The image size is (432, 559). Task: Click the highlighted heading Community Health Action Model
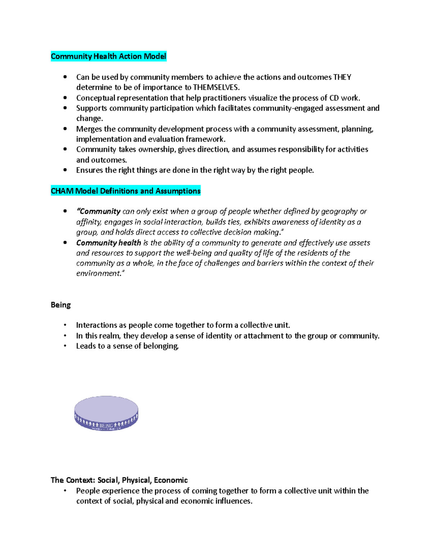click(x=108, y=57)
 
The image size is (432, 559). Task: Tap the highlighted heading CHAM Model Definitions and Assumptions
click(x=126, y=191)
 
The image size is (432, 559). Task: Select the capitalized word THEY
click(x=342, y=77)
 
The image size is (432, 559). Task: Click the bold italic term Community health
click(x=108, y=243)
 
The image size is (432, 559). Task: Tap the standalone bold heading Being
click(x=60, y=305)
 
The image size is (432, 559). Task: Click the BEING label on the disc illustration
click(x=106, y=425)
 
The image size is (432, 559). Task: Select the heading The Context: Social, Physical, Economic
click(x=119, y=480)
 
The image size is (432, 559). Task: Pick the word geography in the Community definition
click(x=339, y=212)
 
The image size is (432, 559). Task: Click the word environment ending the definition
click(x=99, y=274)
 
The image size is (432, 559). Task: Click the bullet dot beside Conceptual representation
click(x=65, y=98)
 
